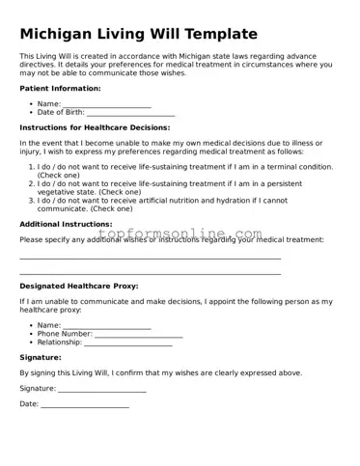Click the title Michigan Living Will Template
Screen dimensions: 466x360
click(138, 34)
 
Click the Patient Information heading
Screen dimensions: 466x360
click(60, 88)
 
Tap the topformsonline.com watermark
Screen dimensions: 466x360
click(179, 235)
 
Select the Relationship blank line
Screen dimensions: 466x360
click(127, 343)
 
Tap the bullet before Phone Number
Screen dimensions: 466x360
click(32, 334)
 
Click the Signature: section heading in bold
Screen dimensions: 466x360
click(41, 357)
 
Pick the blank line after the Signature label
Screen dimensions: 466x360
click(102, 390)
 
